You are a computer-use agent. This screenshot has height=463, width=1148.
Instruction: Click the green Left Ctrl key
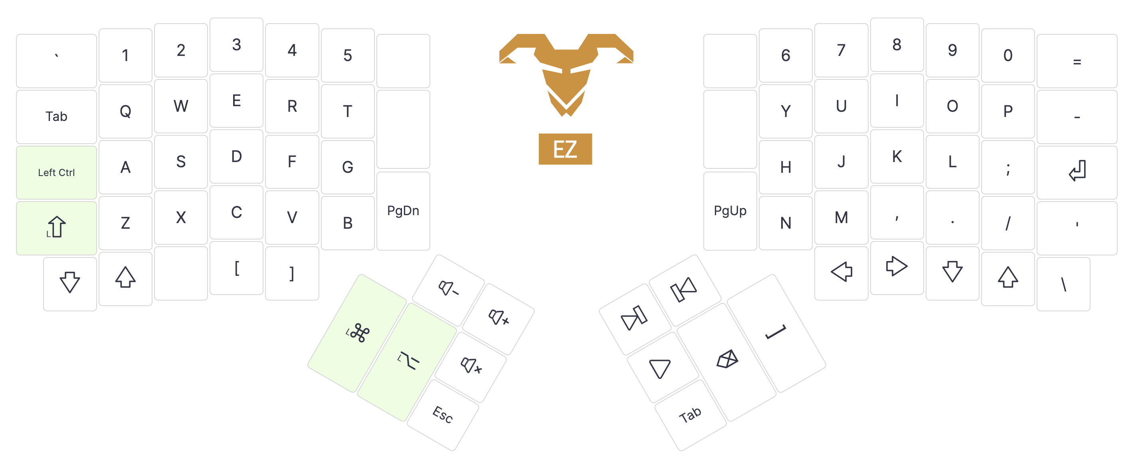(56, 172)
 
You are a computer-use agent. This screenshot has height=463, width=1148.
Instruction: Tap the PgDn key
(403, 211)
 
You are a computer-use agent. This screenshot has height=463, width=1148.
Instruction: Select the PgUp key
(730, 211)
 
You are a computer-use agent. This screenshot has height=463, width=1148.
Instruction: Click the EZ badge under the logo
(565, 149)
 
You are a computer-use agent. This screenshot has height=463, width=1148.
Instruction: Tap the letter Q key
(125, 111)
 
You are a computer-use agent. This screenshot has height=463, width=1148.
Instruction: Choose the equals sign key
(1076, 61)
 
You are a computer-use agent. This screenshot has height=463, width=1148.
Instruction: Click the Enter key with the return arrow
(1076, 172)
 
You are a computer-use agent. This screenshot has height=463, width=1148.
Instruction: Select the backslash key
(1063, 284)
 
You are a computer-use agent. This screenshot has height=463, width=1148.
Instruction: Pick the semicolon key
(1007, 168)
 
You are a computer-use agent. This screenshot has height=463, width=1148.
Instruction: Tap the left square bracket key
(237, 268)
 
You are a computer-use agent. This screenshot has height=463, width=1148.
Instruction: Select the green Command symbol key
(357, 333)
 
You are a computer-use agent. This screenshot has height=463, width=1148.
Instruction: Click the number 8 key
(897, 45)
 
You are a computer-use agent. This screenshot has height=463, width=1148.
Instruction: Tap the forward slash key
(1007, 223)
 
